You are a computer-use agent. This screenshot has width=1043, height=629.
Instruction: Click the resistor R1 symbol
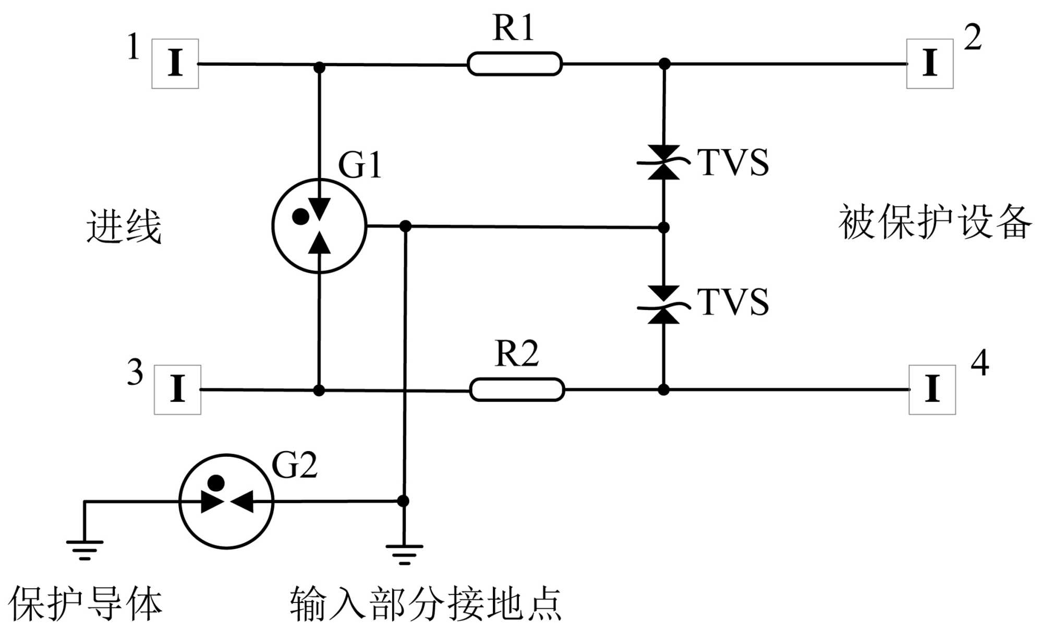point(514,64)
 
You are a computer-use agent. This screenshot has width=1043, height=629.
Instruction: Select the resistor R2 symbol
point(517,389)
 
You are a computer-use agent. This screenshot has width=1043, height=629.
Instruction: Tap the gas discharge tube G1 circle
point(319,226)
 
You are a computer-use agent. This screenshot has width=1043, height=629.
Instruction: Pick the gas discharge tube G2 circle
point(226,501)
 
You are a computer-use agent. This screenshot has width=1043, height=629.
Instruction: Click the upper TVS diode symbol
point(663,162)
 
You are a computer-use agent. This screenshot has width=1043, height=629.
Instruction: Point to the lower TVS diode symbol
point(663,305)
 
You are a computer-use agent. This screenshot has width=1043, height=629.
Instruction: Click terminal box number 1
point(175,64)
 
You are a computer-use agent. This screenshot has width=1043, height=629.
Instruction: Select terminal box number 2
point(930,64)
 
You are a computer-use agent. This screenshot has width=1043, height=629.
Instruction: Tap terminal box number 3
point(177,389)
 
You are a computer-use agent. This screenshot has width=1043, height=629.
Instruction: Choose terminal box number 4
point(932,389)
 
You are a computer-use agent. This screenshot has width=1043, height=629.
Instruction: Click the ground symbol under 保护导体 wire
point(84,550)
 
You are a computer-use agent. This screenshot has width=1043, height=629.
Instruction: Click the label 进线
point(124,227)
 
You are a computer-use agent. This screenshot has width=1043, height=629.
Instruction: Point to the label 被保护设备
point(935,222)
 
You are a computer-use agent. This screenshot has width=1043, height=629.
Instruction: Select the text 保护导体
point(85,603)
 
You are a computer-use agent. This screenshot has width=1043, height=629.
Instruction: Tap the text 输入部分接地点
point(426,603)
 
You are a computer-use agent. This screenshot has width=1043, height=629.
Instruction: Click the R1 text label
point(513,28)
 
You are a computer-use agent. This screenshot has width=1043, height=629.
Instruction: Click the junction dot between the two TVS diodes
point(663,228)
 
